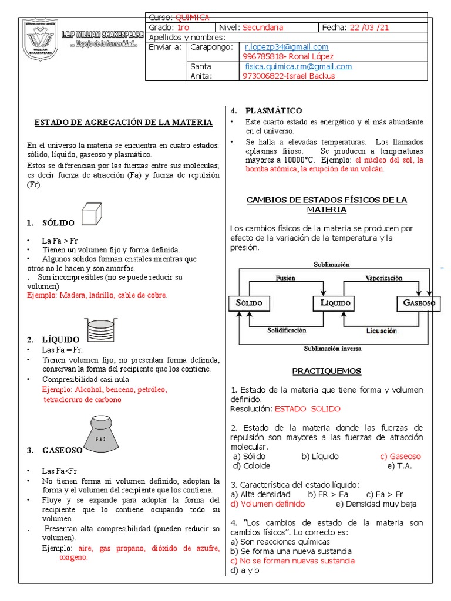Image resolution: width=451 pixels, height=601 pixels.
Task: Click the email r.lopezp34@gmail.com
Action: (x=287, y=47)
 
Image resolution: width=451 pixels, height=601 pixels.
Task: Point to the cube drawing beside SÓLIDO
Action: (x=93, y=214)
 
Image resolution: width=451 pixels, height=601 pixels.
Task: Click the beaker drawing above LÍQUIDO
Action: (x=97, y=329)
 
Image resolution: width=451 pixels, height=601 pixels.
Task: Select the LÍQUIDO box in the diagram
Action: (x=332, y=303)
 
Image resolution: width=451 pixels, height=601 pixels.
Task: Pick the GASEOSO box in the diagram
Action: (x=419, y=303)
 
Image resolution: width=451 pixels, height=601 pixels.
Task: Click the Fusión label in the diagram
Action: (x=285, y=278)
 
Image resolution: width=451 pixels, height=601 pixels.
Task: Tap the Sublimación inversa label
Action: (x=332, y=348)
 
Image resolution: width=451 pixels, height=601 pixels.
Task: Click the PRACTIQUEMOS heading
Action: (x=327, y=371)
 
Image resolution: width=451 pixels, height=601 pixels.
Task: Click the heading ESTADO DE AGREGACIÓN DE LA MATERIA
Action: (x=123, y=123)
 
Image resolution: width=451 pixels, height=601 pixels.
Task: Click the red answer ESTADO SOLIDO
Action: (x=308, y=408)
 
